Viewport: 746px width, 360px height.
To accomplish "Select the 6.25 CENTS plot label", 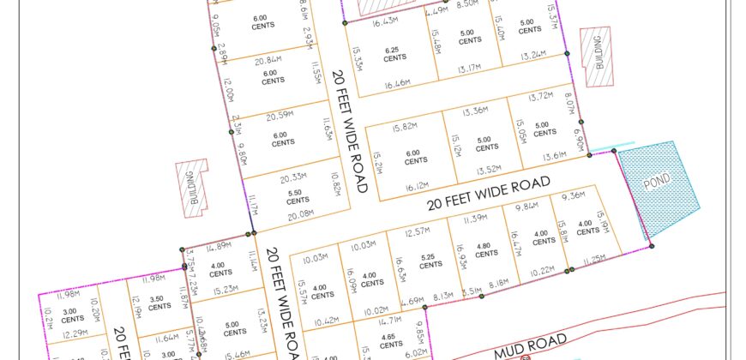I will point(395,54).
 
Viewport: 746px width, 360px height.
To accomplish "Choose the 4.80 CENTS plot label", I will point(486,249).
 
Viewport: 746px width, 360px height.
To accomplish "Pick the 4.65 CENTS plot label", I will point(390,340).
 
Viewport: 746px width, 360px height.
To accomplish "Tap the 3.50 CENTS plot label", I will point(157,303).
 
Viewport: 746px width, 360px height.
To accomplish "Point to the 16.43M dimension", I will point(384,21).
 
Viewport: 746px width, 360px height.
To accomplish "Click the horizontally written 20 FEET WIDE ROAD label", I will point(488,194).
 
